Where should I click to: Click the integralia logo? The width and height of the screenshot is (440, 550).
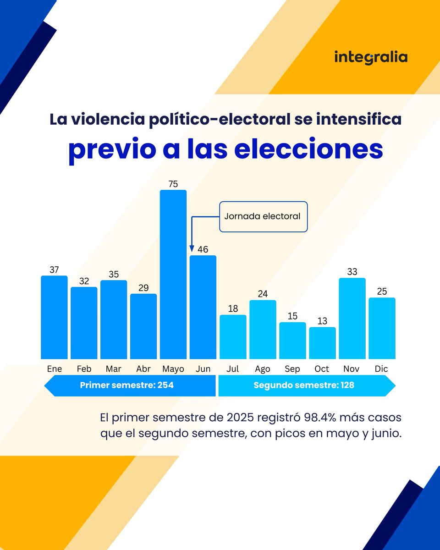[370, 57]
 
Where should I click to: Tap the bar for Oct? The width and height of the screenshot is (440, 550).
[322, 343]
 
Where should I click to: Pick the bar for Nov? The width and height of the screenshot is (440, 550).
[352, 318]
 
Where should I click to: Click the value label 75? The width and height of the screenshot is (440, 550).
[173, 184]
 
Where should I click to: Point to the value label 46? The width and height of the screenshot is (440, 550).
[203, 249]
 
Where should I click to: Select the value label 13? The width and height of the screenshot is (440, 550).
[322, 321]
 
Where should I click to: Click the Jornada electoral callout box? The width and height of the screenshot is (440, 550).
[263, 216]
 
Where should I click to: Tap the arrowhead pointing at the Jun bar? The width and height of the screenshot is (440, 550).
[191, 249]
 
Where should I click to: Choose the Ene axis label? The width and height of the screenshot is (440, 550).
[54, 369]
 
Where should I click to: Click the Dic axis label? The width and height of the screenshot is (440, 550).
[382, 369]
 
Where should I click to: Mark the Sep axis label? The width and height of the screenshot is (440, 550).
[292, 369]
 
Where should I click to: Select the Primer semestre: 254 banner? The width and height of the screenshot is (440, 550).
[130, 385]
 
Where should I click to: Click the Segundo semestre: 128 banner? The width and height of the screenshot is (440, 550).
[306, 385]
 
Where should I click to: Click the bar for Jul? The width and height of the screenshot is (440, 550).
[233, 337]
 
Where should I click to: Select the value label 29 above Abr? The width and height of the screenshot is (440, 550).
[143, 287]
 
